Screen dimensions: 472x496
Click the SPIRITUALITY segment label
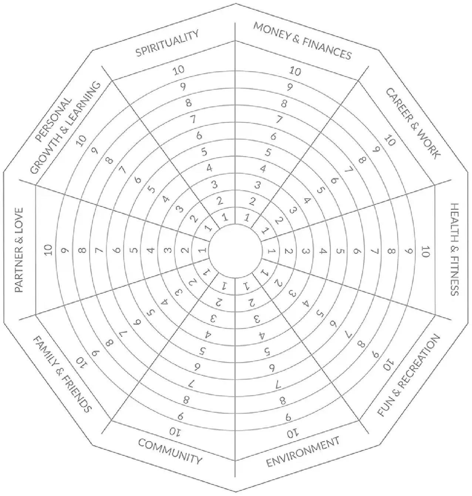[x=167, y=43]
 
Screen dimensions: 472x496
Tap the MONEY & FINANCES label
[x=302, y=41]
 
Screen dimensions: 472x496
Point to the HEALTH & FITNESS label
[x=455, y=249]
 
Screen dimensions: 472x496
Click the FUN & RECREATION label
[x=408, y=375]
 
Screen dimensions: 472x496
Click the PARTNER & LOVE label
[x=18, y=250]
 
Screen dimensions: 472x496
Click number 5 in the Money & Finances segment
[x=268, y=152]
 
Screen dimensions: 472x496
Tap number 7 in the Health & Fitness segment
[x=374, y=251]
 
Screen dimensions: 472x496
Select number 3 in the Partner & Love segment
[x=167, y=250]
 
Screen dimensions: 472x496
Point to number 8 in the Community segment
[x=186, y=400]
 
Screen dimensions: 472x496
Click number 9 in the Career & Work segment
[x=376, y=150]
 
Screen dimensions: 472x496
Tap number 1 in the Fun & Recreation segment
[x=265, y=273]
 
